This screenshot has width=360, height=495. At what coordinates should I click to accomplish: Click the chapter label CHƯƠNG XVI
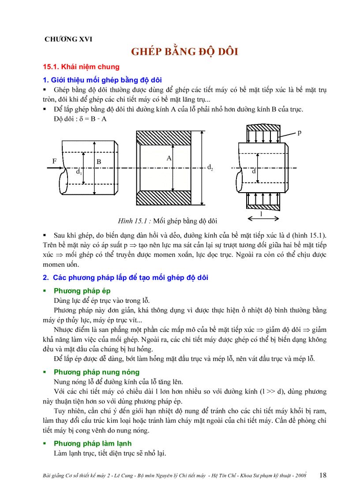pos(68,39)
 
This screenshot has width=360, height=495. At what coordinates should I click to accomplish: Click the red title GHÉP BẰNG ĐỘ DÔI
pos(184,52)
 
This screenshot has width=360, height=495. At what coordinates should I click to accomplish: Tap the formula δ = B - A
pos(92,119)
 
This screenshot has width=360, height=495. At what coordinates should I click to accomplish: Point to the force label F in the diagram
pos(54,161)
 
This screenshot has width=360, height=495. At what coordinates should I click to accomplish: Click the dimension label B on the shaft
pos(99,162)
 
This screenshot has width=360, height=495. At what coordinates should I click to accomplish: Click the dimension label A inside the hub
pos(169,158)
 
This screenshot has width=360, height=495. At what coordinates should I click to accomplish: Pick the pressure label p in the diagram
pos(300,132)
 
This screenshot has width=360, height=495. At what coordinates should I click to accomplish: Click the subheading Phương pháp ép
pos(82,291)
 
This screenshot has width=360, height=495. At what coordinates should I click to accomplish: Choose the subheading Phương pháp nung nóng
pos(96,372)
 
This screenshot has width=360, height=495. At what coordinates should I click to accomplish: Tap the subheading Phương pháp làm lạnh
pos(92,443)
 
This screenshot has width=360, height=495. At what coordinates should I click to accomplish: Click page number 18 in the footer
pos(322,475)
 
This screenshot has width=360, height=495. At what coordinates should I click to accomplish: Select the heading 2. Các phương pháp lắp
pos(125,278)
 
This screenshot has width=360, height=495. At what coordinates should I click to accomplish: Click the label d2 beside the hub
pos(210,167)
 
